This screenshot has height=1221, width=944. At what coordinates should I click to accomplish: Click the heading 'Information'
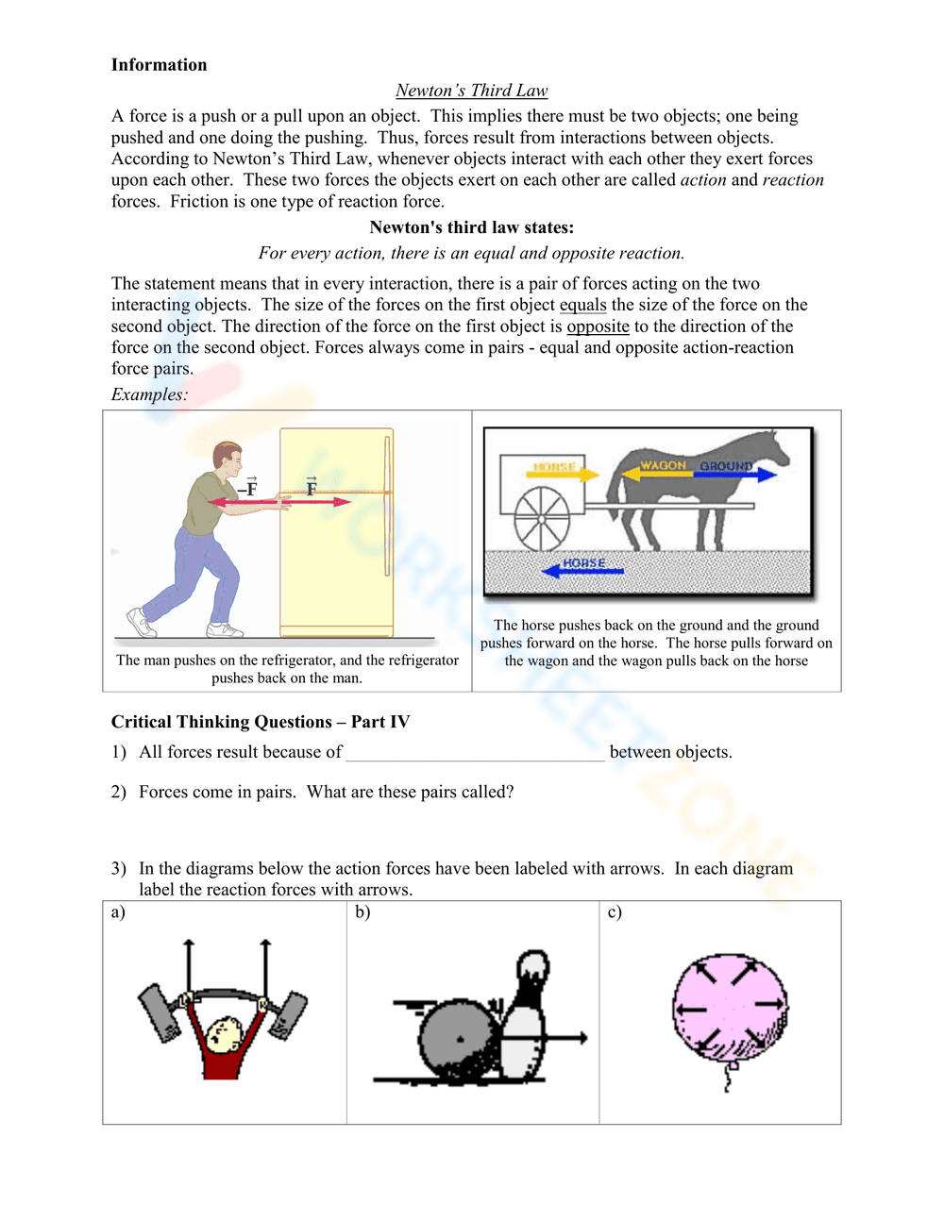[x=159, y=65]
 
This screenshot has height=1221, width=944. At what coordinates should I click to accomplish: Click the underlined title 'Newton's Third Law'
[x=471, y=91]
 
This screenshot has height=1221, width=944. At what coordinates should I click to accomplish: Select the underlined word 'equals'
[x=582, y=305]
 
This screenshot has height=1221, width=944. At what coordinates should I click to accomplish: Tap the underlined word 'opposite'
[x=598, y=326]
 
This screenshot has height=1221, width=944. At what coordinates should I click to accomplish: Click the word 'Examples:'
[x=149, y=394]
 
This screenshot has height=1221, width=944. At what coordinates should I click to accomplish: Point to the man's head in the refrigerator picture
[x=228, y=459]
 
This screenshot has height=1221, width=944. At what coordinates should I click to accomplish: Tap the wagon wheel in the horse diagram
[x=542, y=518]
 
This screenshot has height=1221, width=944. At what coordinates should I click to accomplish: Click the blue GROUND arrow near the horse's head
[x=735, y=474]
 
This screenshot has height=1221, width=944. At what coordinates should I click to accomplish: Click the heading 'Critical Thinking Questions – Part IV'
[x=261, y=722]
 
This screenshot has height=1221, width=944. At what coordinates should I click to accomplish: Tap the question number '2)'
[x=118, y=792]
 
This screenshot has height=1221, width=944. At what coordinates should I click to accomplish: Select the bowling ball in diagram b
[x=458, y=1040]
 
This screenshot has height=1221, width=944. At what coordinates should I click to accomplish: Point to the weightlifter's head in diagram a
[x=225, y=1034]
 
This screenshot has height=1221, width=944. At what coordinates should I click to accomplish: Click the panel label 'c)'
[x=615, y=912]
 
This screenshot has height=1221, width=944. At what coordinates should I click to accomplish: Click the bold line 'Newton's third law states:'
[x=471, y=227]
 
